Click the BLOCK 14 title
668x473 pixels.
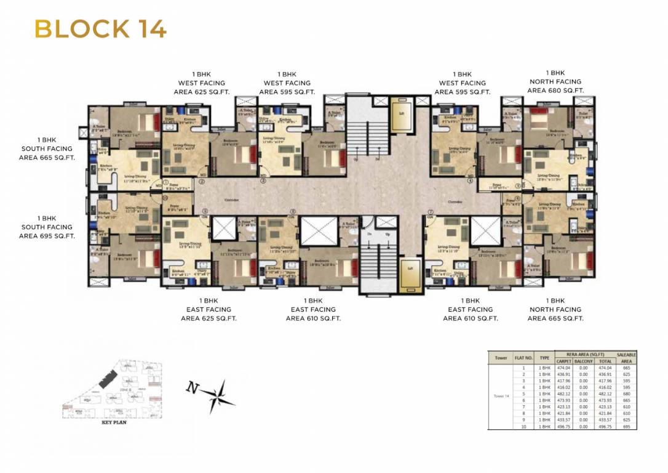pos(100,29)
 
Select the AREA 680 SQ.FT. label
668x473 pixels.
pos(555,91)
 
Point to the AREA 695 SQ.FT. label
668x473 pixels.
pos(47,236)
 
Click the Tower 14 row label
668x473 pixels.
pos(500,396)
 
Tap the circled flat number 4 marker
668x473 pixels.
pos(471,181)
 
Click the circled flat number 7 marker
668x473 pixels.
pos(431,211)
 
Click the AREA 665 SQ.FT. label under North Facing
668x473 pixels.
pos(555,318)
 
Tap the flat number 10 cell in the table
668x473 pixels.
pos(522,426)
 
